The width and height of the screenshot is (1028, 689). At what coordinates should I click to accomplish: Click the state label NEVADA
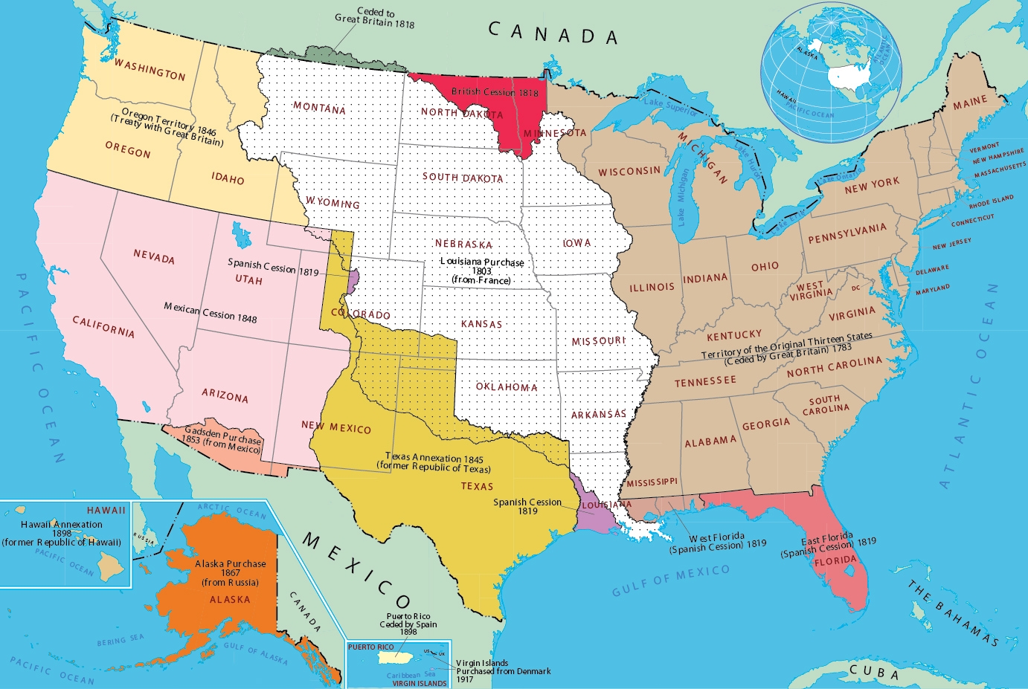(x=154, y=256)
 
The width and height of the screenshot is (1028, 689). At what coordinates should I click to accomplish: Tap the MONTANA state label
(x=319, y=108)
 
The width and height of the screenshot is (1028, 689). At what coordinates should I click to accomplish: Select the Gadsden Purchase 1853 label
(x=222, y=439)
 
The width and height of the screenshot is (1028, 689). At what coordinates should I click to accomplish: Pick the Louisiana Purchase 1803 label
(x=482, y=271)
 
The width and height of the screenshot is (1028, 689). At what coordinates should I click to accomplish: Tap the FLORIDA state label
(x=835, y=560)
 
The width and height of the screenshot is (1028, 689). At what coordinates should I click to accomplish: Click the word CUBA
(x=874, y=672)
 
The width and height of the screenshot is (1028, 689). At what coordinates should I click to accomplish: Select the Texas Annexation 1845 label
(x=434, y=462)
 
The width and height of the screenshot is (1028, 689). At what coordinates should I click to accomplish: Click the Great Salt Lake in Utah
(x=240, y=236)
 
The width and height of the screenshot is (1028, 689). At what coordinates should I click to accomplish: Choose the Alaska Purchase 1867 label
(x=230, y=572)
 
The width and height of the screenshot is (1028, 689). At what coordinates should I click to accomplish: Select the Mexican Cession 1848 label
(x=211, y=311)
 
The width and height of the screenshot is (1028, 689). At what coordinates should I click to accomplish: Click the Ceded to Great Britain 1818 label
(x=375, y=18)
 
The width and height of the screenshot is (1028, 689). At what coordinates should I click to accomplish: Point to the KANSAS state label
(x=481, y=324)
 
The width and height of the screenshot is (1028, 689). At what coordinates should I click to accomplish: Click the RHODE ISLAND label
(x=991, y=201)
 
